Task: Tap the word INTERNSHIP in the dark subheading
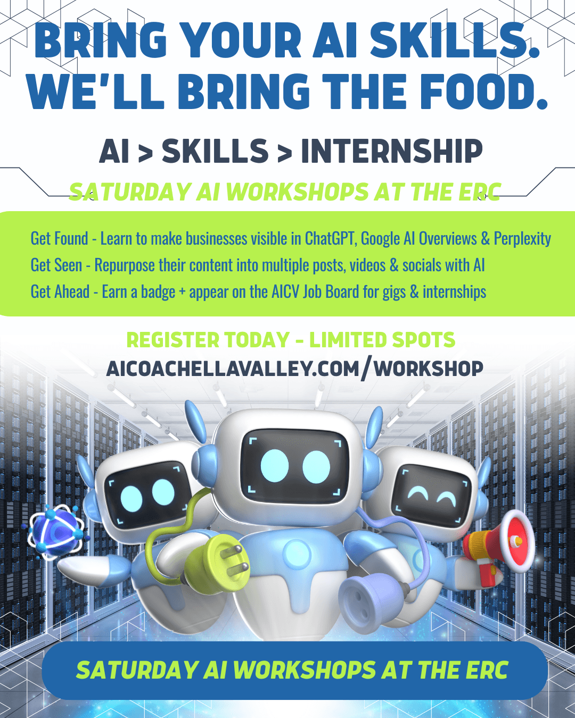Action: tap(392, 152)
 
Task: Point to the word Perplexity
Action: tap(522, 239)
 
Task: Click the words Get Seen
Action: tap(56, 265)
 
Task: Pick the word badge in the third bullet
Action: tap(158, 292)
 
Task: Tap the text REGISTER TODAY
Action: tap(208, 340)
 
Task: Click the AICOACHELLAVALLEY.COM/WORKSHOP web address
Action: tap(294, 369)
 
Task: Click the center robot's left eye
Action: tap(275, 466)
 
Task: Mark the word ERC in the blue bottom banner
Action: tap(487, 670)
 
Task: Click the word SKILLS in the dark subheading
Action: tap(215, 152)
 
